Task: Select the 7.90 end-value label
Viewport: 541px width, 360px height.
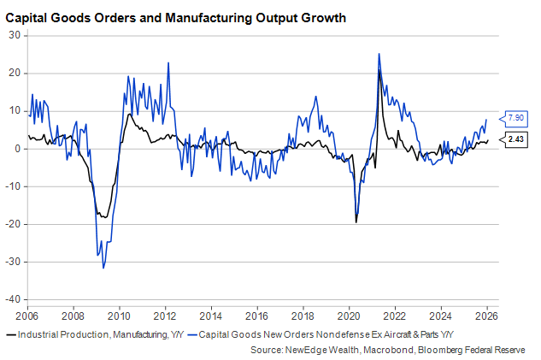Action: click(x=516, y=117)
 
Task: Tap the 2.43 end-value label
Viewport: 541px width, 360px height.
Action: click(x=516, y=139)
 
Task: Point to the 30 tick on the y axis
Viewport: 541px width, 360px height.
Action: click(x=14, y=35)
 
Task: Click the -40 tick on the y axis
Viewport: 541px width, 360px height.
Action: click(x=12, y=299)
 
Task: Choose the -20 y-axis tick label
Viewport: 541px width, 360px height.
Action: click(x=12, y=224)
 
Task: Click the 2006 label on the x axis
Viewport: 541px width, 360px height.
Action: click(x=26, y=315)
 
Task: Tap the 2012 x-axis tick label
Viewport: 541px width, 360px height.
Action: click(x=165, y=315)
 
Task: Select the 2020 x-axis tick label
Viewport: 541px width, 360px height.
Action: click(x=350, y=315)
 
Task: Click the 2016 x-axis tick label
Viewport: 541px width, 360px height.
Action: click(x=257, y=315)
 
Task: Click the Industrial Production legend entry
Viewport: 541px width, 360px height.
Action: click(x=93, y=334)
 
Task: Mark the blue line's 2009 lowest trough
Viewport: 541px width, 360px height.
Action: click(x=103, y=269)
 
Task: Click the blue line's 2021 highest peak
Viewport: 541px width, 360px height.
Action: click(x=379, y=54)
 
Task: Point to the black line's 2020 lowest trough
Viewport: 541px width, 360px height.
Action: click(x=356, y=222)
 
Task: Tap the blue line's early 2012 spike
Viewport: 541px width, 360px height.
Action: click(x=168, y=62)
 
